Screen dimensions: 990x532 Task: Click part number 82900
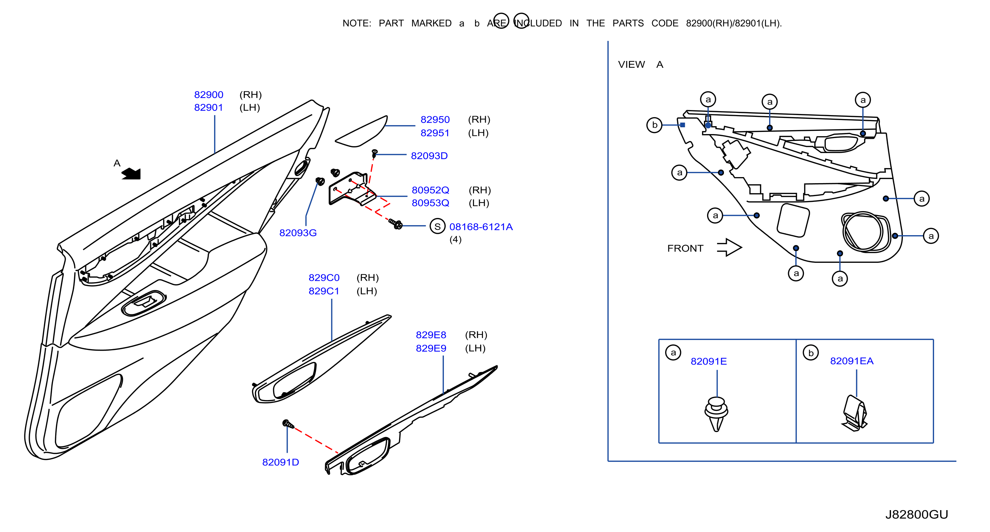point(208,95)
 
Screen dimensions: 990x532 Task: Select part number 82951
point(435,133)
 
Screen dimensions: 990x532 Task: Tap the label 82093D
point(429,156)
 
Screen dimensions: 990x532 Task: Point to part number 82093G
point(298,233)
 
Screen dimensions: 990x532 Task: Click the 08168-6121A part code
point(481,227)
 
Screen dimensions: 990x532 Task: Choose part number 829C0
point(324,278)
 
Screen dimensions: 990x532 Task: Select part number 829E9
point(431,348)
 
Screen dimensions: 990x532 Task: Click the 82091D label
point(280,462)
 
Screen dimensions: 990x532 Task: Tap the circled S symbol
point(437,227)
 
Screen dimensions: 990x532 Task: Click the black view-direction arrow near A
point(132,174)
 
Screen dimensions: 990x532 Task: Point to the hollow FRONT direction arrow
point(729,247)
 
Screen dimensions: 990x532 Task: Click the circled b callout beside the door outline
point(654,125)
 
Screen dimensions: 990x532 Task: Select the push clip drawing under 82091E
point(716,414)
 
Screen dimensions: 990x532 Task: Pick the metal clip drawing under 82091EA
point(854,413)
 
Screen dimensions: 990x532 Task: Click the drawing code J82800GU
point(916,514)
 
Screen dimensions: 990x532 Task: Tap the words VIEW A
point(640,65)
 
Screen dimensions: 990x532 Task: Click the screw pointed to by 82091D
point(288,424)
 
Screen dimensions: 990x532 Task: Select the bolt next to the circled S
point(395,224)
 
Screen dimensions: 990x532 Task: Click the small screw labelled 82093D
point(374,154)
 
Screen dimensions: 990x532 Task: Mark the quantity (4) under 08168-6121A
point(455,240)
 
